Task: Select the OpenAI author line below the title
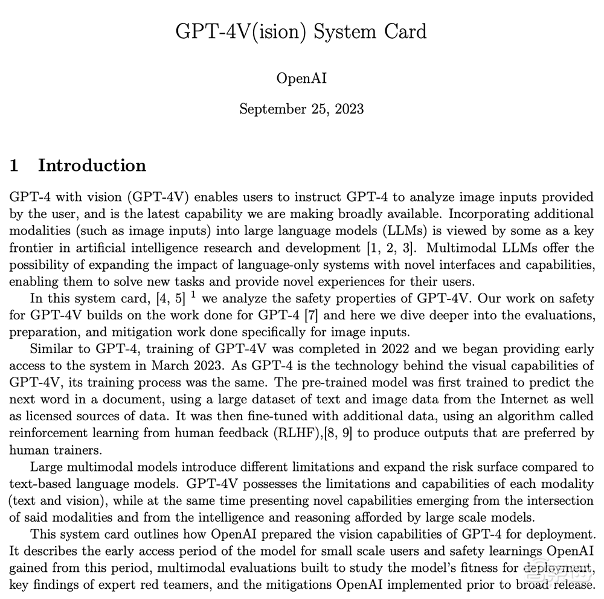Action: point(301,78)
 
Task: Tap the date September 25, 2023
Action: point(301,109)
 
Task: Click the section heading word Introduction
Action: point(92,165)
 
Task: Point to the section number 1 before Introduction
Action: point(14,165)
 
